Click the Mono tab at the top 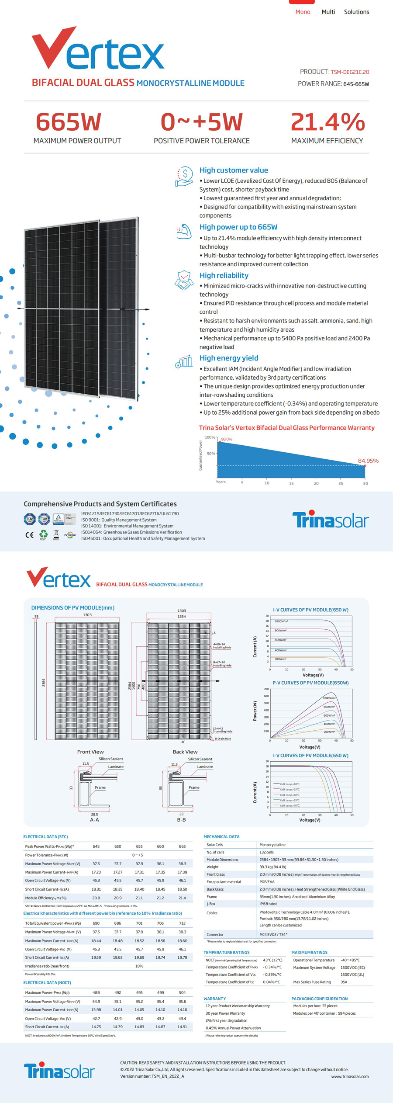click(303, 12)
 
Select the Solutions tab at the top click(356, 12)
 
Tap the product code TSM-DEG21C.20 click(350, 72)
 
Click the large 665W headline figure click(69, 122)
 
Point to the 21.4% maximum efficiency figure click(327, 122)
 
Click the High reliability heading click(224, 275)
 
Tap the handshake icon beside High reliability click(184, 280)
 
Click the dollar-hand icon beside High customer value click(184, 177)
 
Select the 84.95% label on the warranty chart click(368, 461)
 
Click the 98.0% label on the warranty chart click(227, 439)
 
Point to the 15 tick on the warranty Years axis click(291, 483)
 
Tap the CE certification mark click(29, 535)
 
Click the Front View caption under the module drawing click(90, 752)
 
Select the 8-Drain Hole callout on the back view click(223, 739)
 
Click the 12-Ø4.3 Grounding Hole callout click(222, 730)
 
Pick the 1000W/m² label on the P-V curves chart click(329, 698)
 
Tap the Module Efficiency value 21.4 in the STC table click(182, 898)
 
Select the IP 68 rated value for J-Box click(268, 904)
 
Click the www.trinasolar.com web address click(350, 1076)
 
